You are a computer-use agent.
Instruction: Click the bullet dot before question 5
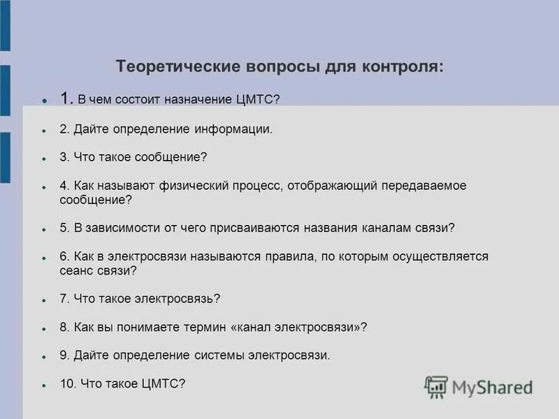tap(44, 229)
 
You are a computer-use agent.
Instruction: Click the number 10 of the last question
tap(67, 383)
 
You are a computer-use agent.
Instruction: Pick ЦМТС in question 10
tap(165, 383)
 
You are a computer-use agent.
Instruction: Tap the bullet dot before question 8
tap(44, 328)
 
